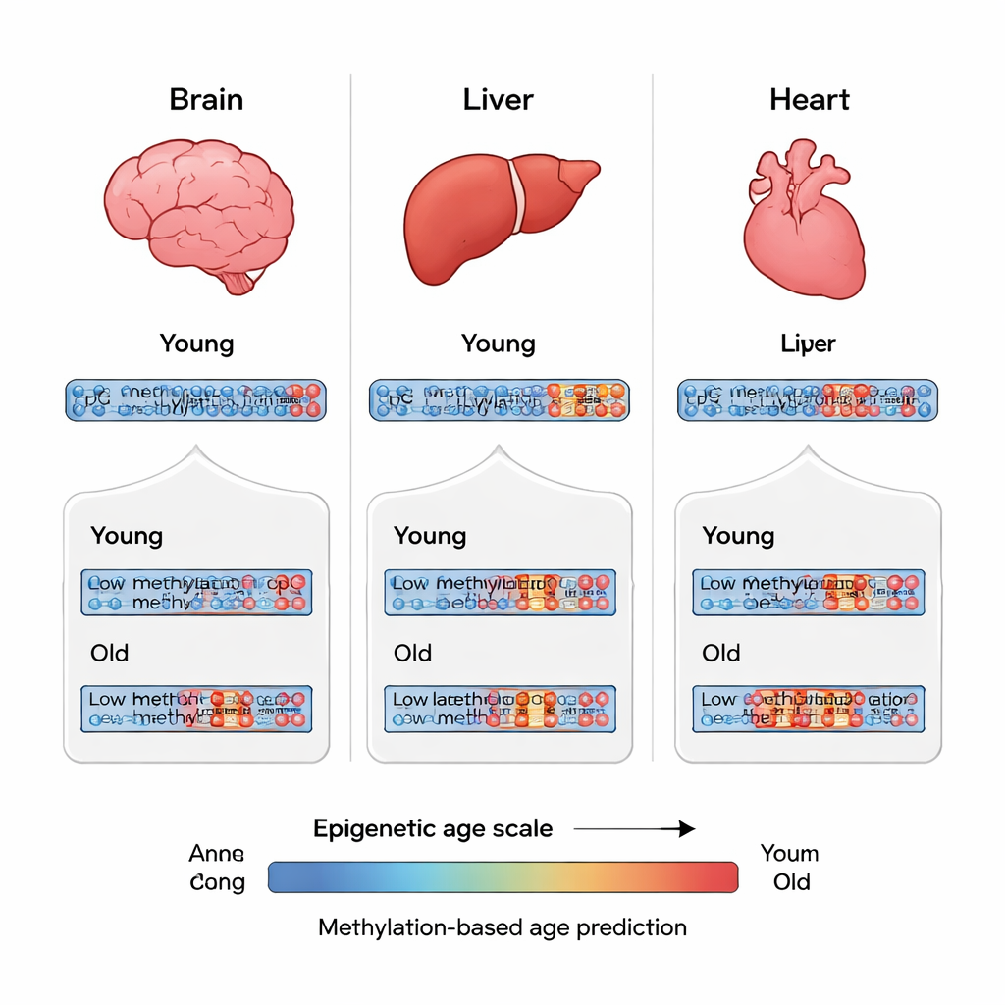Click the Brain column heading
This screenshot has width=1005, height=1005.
[206, 100]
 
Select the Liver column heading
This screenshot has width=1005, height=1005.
[498, 100]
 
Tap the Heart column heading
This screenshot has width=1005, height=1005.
[810, 100]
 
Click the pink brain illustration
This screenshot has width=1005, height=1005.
[196, 211]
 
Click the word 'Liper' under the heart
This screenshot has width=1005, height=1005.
[808, 344]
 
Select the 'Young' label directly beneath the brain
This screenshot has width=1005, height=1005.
[197, 344]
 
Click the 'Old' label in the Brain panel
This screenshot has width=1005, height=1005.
[109, 654]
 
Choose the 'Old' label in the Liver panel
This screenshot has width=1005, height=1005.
[412, 654]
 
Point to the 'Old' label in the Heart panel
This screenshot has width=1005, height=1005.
[721, 654]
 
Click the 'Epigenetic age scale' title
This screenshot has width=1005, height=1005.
[433, 829]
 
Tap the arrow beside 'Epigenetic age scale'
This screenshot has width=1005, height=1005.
[634, 829]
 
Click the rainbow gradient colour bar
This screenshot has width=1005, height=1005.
[502, 876]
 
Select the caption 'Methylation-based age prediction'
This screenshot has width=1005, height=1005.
[502, 927]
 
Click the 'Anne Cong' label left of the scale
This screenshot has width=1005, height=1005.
[217, 868]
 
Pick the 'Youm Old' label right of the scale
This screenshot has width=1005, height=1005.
[790, 868]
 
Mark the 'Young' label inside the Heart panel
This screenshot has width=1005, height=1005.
[738, 536]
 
